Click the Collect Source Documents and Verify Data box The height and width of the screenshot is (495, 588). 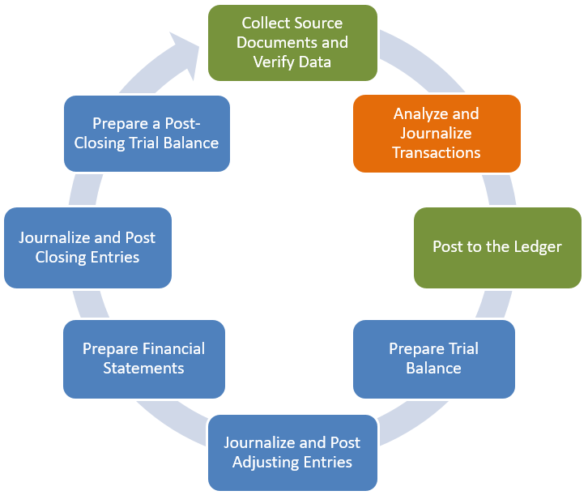(x=292, y=43)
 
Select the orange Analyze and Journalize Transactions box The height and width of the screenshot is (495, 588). (x=436, y=133)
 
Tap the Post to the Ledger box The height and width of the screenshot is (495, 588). (x=496, y=247)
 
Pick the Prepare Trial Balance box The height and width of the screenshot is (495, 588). (x=433, y=358)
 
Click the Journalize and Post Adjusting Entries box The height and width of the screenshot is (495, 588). (x=292, y=452)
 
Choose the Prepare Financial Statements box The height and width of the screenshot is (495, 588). (x=143, y=358)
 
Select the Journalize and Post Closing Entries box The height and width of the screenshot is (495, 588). (x=87, y=247)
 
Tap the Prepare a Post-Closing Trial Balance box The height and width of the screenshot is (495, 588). (x=146, y=133)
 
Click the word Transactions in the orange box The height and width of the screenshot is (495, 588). (x=436, y=152)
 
